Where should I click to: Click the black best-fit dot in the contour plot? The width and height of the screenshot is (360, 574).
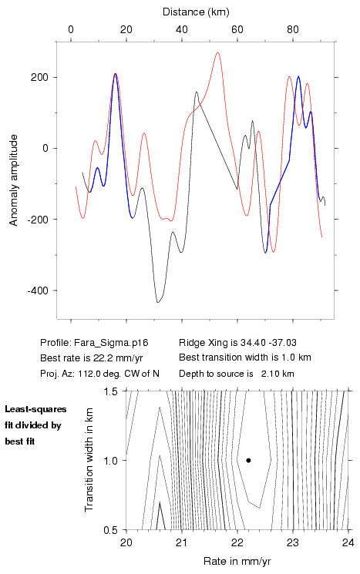[248, 460]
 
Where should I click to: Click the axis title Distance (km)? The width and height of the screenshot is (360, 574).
[196, 12]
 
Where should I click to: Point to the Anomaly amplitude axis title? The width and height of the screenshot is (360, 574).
[14, 180]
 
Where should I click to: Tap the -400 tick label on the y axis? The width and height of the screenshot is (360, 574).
[38, 290]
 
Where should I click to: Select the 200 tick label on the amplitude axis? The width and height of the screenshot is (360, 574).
[40, 78]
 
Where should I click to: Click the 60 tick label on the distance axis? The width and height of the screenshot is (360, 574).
[237, 29]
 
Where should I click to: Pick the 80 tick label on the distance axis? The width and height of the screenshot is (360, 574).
[293, 29]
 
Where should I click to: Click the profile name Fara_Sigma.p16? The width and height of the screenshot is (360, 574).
[111, 343]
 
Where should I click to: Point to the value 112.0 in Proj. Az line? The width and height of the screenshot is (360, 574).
[88, 374]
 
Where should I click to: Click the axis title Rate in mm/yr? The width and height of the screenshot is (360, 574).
[237, 561]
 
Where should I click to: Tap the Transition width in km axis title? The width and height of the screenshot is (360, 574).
[89, 460]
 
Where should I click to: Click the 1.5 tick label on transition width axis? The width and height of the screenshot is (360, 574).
[110, 391]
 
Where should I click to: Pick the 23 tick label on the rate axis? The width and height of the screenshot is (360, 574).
[293, 542]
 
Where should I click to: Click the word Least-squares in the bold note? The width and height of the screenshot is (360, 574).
[35, 409]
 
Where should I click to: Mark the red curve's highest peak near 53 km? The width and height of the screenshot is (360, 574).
[217, 52]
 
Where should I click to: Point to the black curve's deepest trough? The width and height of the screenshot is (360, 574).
[158, 302]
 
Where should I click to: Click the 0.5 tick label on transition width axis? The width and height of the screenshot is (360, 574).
[110, 530]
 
